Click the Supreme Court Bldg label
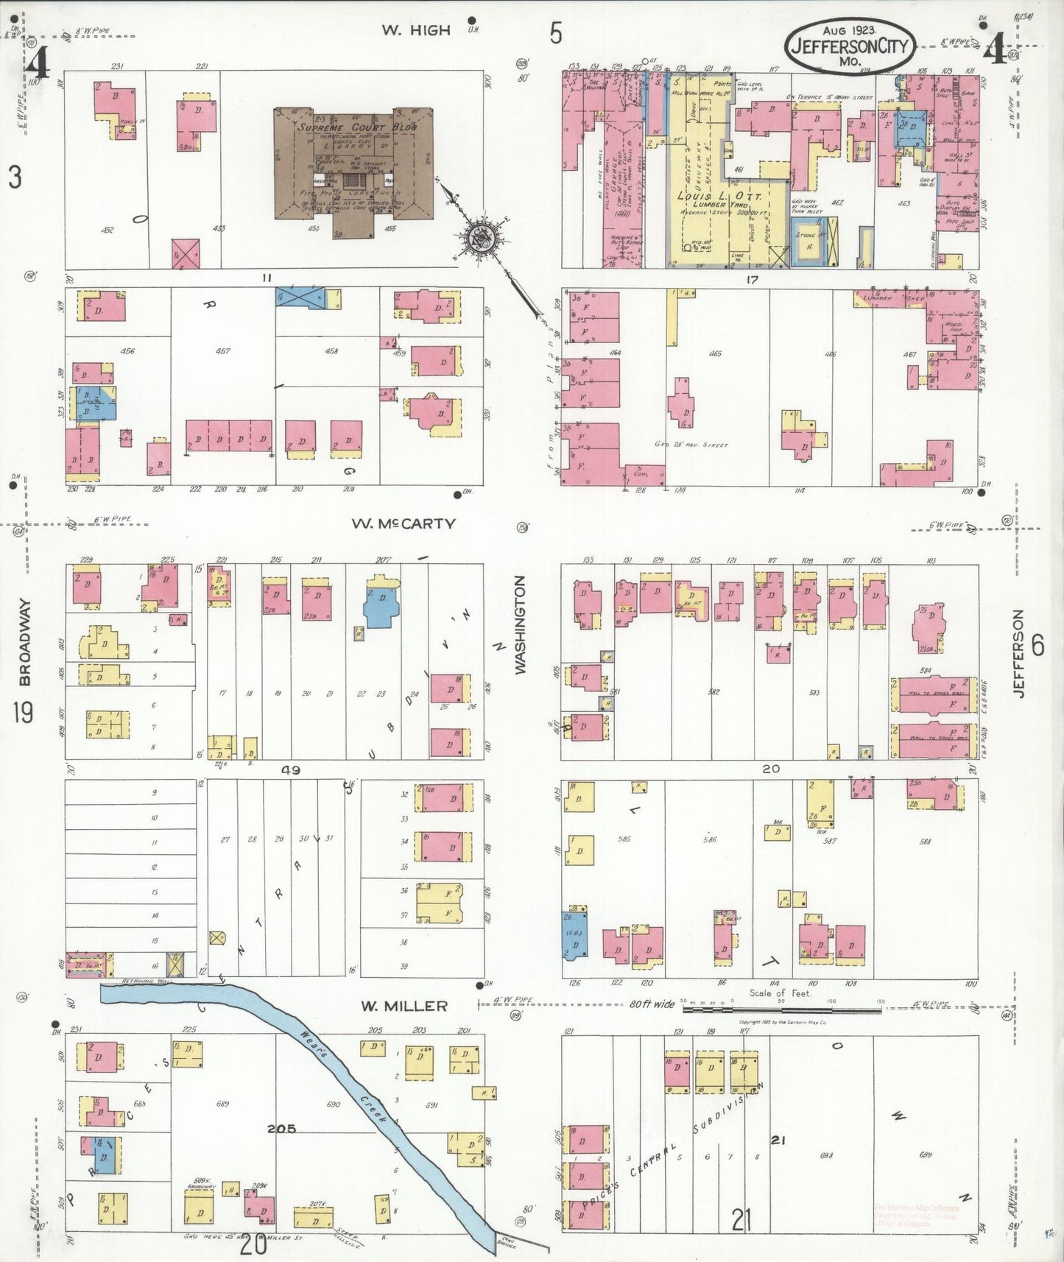357,127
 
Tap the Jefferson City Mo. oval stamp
850,46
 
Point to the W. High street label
415,30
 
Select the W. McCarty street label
403,524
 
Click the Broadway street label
25,642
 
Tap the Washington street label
521,624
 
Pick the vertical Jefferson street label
1019,654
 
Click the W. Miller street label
404,1006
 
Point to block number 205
281,1128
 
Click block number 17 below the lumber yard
751,280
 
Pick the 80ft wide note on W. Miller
652,1004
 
